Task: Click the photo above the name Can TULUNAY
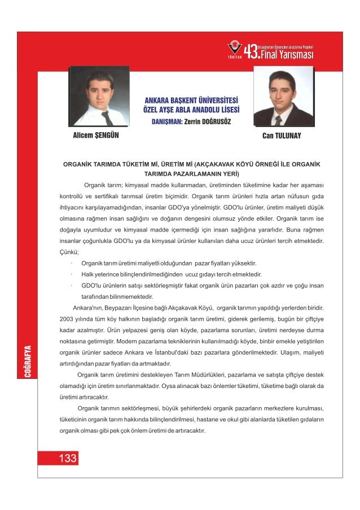[x=283, y=97]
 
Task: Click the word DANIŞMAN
[x=165, y=121]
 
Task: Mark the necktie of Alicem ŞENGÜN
[x=107, y=118]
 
